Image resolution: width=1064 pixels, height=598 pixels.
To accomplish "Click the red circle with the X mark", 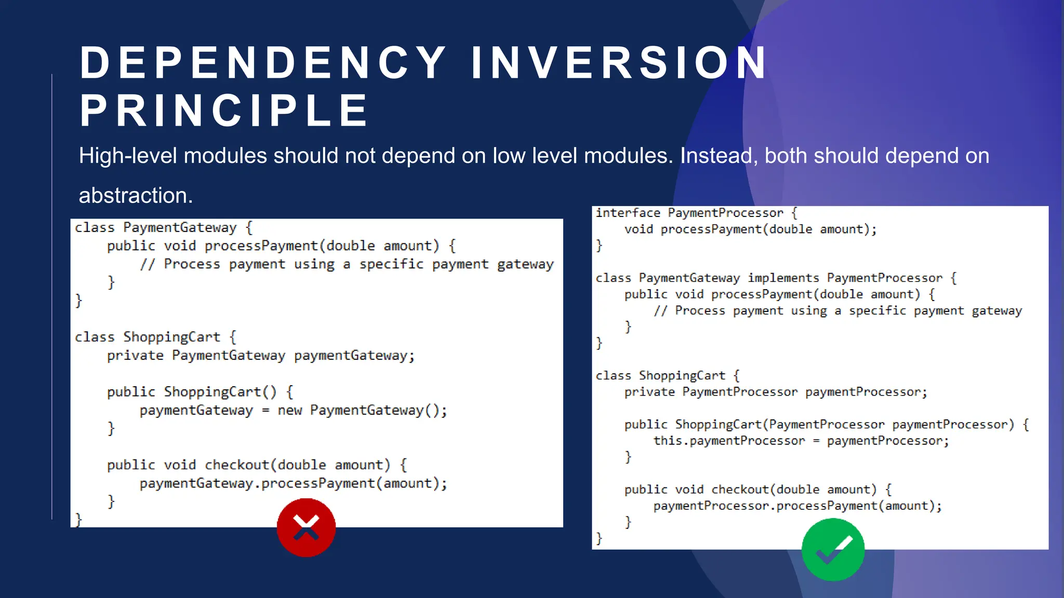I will [306, 527].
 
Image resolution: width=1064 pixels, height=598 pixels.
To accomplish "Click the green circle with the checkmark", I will [833, 550].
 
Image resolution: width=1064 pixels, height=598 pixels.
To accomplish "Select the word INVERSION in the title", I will [619, 63].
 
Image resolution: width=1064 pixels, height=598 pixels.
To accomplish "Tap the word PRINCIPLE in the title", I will [224, 111].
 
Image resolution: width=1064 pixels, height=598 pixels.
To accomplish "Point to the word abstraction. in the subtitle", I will [136, 196].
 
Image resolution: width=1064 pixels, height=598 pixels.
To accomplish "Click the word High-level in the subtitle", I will [128, 156].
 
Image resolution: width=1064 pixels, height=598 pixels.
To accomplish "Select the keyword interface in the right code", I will [628, 213].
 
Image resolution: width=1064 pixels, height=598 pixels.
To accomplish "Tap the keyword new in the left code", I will [289, 411].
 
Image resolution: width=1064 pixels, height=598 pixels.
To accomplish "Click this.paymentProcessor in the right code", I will [729, 441].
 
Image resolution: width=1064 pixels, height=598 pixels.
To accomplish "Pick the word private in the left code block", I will [135, 356].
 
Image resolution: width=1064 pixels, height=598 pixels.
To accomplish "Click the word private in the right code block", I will [649, 392].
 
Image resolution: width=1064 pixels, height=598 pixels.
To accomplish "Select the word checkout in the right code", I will [740, 490].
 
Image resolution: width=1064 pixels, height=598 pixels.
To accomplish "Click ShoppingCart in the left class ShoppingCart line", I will [171, 337].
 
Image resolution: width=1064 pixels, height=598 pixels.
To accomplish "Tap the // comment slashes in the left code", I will [147, 264].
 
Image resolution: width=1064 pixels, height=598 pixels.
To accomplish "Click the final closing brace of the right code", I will [599, 538].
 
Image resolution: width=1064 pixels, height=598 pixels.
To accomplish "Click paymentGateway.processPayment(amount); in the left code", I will [293, 484].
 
